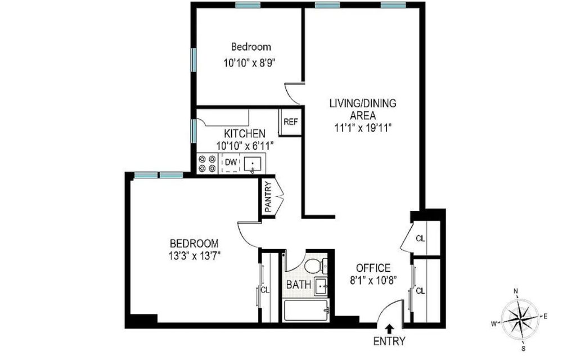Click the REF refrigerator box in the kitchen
[x=290, y=121]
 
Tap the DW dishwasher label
[x=231, y=162]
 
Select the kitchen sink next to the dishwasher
[x=253, y=164]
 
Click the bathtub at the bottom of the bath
[x=307, y=310]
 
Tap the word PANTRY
[x=268, y=196]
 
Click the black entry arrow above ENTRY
[x=389, y=328]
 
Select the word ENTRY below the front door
[x=389, y=341]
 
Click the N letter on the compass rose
[x=516, y=291]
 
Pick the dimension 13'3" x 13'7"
[x=194, y=255]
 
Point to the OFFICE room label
[x=373, y=268]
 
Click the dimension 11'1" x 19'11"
[x=363, y=128]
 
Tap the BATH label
[x=298, y=284]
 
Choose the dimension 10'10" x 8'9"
[x=249, y=63]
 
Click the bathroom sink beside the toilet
[x=321, y=286]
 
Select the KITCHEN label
[x=245, y=133]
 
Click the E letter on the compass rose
[x=546, y=316]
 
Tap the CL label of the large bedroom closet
[x=265, y=290]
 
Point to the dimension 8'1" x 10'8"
[x=373, y=281]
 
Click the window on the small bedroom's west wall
[x=193, y=60]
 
